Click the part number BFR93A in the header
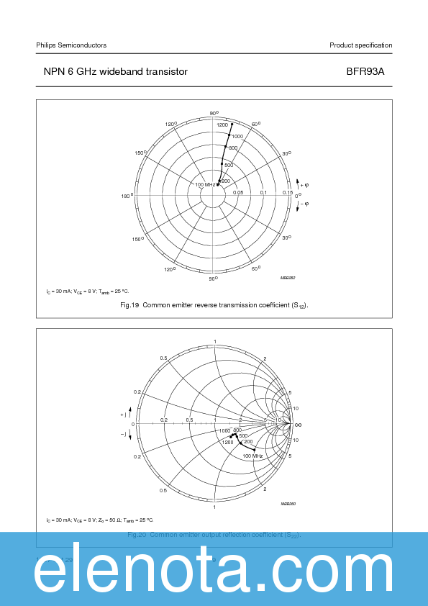[x=373, y=72]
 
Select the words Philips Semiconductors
[x=71, y=45]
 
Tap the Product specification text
[x=360, y=45]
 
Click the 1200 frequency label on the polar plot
[x=222, y=125]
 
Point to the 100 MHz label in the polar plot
[x=206, y=185]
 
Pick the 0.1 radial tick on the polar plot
[x=263, y=193]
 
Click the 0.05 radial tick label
[x=238, y=193]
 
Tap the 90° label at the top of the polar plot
[x=214, y=114]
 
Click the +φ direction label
[x=304, y=186]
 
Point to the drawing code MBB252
[x=288, y=277]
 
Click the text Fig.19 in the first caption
[x=129, y=306]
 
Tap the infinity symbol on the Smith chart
[x=298, y=425]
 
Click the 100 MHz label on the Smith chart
[x=252, y=456]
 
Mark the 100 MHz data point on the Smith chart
[x=255, y=450]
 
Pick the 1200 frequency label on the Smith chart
[x=228, y=442]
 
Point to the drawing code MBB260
[x=288, y=505]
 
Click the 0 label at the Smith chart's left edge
[x=133, y=425]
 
